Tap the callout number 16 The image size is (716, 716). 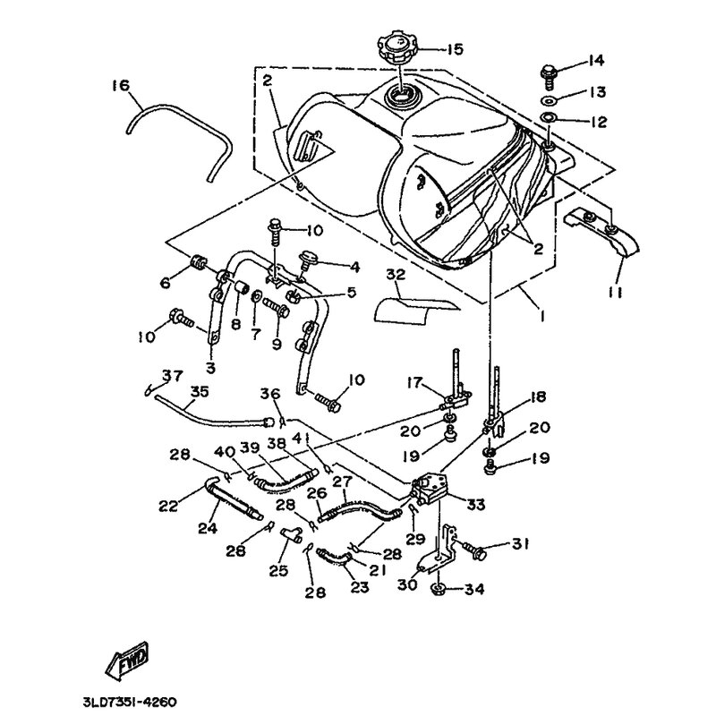click(121, 86)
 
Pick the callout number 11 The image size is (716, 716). click(618, 293)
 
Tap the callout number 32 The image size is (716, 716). click(396, 276)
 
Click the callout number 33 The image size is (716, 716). click(475, 504)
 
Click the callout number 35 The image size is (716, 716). click(198, 390)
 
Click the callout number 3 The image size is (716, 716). click(210, 367)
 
